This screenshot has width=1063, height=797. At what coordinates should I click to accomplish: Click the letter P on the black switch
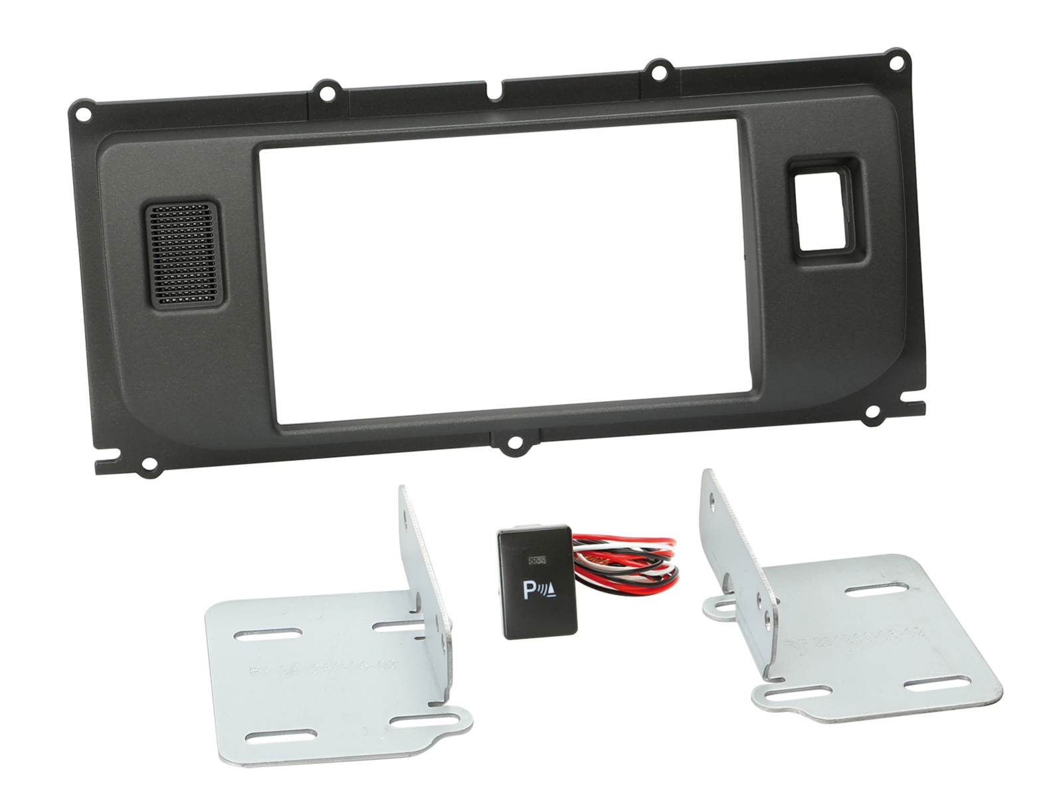click(x=531, y=588)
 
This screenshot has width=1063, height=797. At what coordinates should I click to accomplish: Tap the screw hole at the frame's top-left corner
click(x=82, y=114)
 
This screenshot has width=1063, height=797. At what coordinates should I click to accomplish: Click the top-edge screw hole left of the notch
click(x=326, y=93)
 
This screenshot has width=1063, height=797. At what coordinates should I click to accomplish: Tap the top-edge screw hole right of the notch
click(x=658, y=70)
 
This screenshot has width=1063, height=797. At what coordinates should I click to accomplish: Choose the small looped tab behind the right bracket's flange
click(x=717, y=606)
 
